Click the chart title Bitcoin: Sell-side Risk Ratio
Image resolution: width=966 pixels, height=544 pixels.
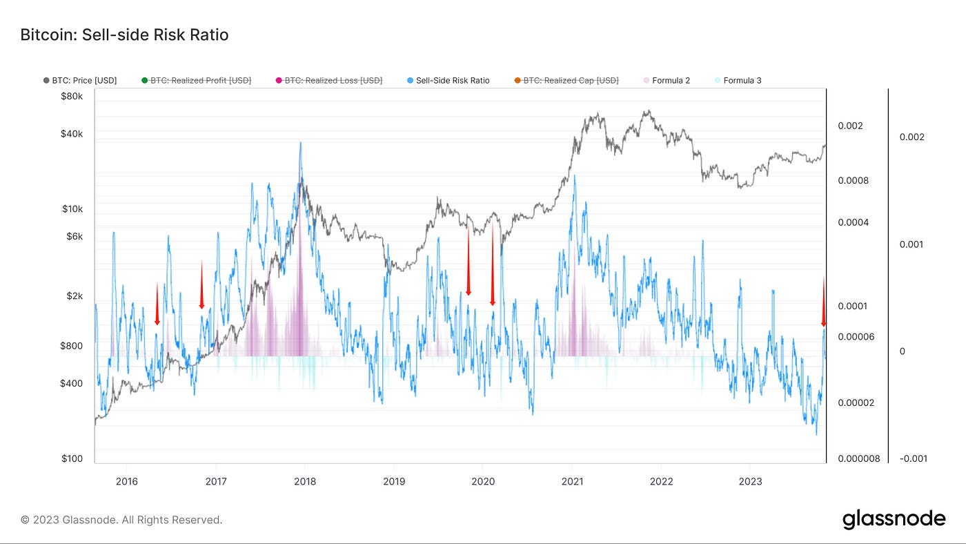(x=124, y=35)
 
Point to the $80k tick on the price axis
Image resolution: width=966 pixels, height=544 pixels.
(x=72, y=96)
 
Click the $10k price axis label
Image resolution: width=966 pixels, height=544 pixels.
(x=72, y=208)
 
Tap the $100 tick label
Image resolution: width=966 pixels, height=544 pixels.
(x=72, y=458)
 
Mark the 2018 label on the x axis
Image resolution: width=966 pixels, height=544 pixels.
(x=305, y=481)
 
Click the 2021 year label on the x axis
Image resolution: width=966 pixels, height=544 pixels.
(x=572, y=481)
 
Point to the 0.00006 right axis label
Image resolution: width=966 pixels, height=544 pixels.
(x=856, y=336)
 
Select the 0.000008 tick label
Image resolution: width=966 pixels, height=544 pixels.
(x=859, y=458)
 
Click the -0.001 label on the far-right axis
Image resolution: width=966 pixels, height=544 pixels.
(x=912, y=458)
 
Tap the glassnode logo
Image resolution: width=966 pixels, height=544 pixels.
(x=894, y=519)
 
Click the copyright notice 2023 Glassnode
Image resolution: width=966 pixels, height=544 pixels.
(x=121, y=520)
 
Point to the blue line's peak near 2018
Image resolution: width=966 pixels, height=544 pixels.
(x=300, y=143)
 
